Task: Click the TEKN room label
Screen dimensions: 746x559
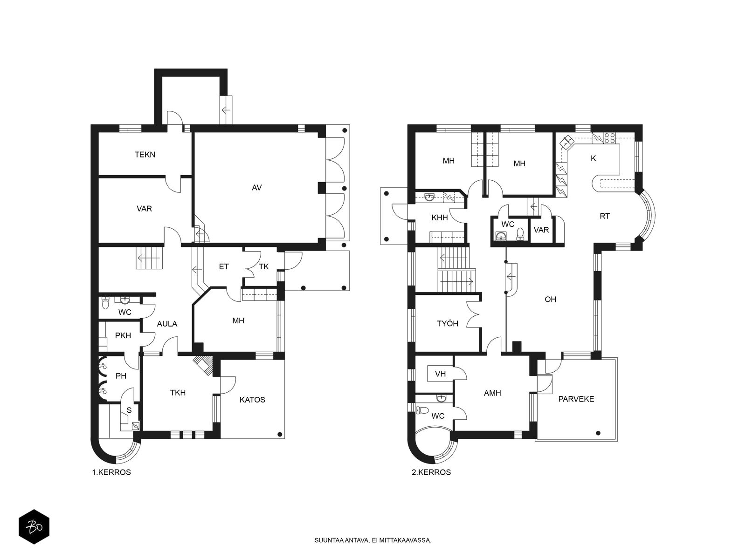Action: click(145, 155)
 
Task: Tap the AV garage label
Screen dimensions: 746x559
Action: click(256, 188)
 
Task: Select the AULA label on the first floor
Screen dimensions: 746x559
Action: click(167, 324)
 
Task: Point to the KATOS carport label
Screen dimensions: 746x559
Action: click(252, 400)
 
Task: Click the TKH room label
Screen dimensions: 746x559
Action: click(178, 393)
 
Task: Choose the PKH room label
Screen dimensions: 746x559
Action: click(123, 336)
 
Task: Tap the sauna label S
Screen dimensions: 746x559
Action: click(129, 410)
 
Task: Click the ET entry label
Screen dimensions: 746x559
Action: click(224, 267)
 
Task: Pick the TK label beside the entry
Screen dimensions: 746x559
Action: click(264, 267)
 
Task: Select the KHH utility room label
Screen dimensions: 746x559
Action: click(440, 218)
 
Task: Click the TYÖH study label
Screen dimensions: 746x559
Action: click(447, 324)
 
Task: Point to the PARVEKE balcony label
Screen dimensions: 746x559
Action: click(576, 399)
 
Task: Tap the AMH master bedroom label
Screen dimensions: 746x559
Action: click(492, 393)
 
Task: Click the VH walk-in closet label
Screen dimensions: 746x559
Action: click(441, 374)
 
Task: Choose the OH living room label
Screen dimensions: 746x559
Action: click(550, 300)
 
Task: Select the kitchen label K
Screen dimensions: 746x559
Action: click(594, 158)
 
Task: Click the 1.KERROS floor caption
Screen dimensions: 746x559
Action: click(111, 472)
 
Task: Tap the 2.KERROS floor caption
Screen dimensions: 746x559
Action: click(431, 472)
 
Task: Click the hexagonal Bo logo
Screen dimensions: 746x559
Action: click(34, 527)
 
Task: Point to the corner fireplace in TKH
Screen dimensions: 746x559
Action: click(204, 365)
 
